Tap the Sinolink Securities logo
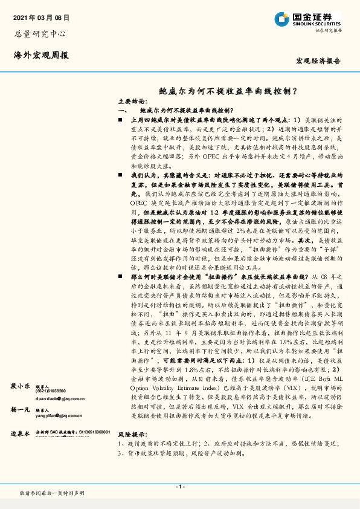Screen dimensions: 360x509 tap(306, 19)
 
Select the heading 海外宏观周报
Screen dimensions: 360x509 tap(41, 55)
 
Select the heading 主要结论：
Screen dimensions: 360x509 tap(131, 102)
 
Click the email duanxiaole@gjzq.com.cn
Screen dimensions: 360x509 tap(60, 398)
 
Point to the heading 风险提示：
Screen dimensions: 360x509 tap(132, 452)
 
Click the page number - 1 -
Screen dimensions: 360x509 tap(180, 487)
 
